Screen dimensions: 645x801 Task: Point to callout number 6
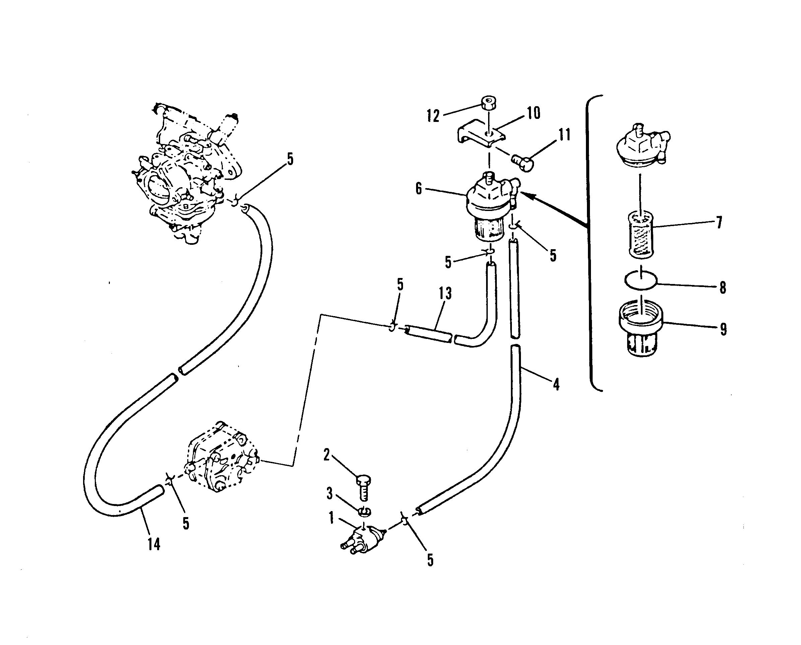419,189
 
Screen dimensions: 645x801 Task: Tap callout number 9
723,329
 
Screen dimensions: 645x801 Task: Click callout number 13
445,293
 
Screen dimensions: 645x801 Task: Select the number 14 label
154,544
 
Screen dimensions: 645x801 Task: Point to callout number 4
556,384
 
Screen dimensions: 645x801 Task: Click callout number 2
327,455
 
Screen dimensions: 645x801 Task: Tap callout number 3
329,494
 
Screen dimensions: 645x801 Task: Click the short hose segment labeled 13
429,334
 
